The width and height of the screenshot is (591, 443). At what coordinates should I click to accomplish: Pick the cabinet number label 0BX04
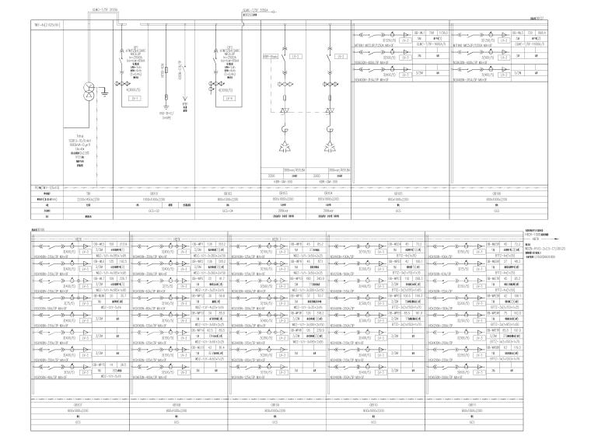(x=328, y=194)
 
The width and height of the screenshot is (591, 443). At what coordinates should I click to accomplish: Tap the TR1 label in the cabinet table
(x=89, y=194)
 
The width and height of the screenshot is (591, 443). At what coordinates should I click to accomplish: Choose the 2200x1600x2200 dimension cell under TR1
(x=89, y=199)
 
